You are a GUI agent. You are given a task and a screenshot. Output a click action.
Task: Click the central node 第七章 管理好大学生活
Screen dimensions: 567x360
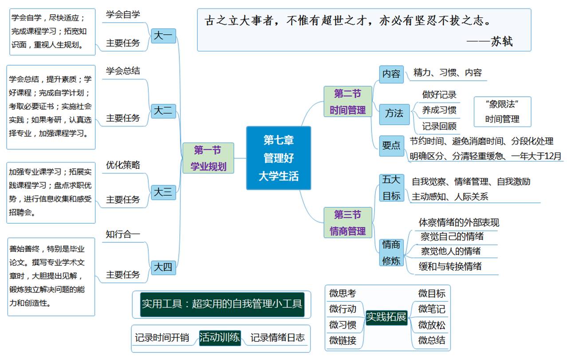279,158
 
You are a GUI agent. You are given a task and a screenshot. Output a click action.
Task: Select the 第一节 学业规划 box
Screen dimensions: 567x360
208,158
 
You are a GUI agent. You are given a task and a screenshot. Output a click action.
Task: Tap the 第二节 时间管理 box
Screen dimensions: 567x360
347,102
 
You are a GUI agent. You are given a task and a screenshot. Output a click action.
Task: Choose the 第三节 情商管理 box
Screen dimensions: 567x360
347,223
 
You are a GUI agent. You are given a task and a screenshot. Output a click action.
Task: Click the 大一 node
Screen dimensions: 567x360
163,36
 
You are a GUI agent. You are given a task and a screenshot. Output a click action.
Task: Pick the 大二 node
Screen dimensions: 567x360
163,111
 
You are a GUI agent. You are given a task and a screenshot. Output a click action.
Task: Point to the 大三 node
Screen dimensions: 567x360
163,193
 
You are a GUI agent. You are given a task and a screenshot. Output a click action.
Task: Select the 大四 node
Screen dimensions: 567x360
163,267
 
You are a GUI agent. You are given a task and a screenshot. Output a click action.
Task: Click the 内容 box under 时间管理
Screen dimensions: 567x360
391,74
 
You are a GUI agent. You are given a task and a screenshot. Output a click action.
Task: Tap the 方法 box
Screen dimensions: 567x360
394,113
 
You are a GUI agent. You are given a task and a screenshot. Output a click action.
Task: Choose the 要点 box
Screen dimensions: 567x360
391,145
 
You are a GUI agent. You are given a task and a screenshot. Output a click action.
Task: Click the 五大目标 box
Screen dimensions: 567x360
391,188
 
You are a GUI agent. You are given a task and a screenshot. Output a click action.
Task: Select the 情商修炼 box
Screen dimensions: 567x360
391,252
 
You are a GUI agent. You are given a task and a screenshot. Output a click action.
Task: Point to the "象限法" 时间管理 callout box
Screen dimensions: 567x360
502,111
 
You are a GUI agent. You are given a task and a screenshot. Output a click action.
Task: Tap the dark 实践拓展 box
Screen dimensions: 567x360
386,317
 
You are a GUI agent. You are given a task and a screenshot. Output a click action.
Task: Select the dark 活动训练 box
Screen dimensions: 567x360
220,338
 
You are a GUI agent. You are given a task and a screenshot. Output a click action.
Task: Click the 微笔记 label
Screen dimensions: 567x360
432,309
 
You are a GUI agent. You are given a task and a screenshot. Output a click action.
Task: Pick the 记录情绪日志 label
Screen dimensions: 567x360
278,338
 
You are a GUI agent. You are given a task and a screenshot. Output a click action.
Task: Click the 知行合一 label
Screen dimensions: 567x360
123,234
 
